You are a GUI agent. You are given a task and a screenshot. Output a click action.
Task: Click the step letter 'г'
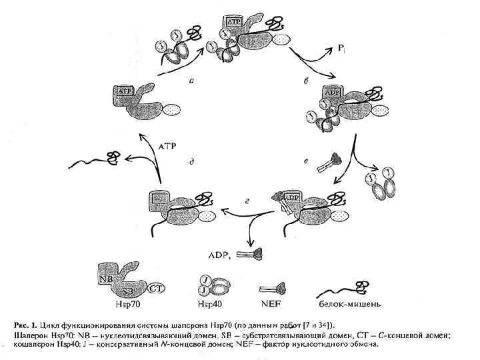(248, 200)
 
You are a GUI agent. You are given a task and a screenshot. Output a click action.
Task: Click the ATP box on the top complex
(234, 22)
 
